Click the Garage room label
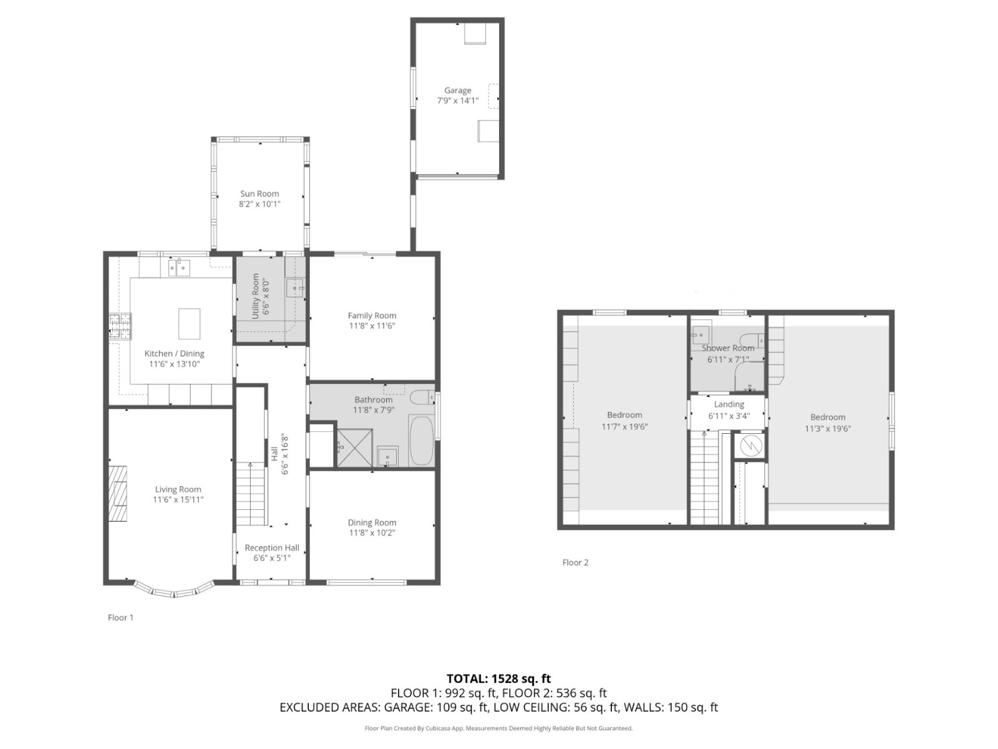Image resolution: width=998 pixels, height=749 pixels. tap(457, 91)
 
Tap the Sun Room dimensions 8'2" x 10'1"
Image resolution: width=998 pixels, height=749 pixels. tap(259, 203)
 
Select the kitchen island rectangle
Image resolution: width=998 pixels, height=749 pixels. tap(189, 324)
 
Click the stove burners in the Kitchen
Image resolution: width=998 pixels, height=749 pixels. tap(120, 326)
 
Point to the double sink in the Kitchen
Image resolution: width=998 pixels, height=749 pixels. tap(179, 267)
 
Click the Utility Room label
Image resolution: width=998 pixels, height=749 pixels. tap(255, 296)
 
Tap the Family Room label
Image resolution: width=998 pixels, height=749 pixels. tap(372, 315)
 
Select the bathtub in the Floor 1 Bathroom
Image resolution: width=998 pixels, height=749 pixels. tap(422, 441)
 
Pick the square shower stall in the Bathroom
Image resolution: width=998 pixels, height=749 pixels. tap(355, 448)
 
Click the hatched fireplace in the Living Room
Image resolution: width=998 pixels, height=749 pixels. tap(118, 494)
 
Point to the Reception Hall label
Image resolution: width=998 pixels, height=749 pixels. tap(272, 548)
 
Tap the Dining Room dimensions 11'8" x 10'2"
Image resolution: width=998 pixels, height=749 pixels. tap(372, 533)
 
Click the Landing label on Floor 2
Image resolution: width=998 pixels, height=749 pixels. tap(729, 404)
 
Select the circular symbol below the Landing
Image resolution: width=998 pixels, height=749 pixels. tap(750, 446)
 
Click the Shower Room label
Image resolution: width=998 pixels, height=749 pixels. tap(728, 348)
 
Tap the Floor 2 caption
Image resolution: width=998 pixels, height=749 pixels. tap(575, 562)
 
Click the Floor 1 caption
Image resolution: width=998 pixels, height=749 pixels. tap(120, 617)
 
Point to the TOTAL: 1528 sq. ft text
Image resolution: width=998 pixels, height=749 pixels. tap(498, 679)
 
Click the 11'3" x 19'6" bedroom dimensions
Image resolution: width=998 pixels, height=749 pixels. tap(828, 428)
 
